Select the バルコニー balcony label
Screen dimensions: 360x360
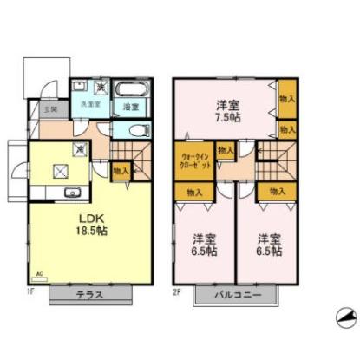(240, 296)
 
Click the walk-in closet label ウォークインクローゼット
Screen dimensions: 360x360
(189, 159)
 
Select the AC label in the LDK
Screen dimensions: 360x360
(40, 281)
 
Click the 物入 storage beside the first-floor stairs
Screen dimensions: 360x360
(121, 171)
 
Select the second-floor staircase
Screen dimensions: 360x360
(275, 156)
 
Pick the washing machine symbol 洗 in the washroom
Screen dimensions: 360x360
(101, 86)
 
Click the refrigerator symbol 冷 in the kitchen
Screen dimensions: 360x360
(80, 148)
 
